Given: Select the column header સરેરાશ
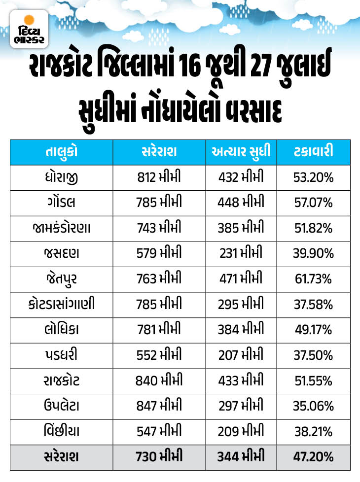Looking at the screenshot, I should [159, 151].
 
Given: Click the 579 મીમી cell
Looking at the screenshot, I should [159, 253].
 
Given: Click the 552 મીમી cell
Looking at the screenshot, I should [159, 355].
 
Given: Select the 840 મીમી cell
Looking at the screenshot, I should [159, 380].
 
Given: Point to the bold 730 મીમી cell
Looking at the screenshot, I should [159, 456].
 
